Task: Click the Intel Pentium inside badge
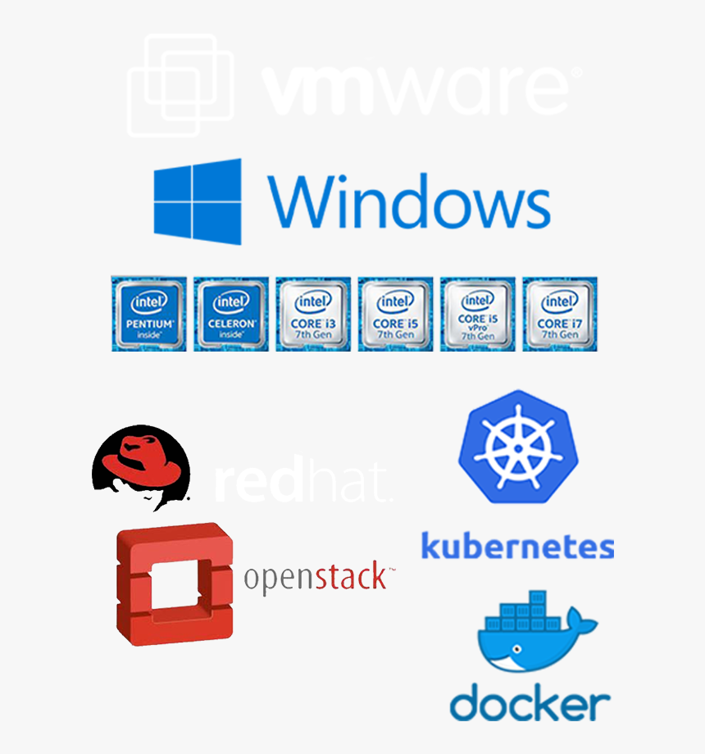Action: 149,314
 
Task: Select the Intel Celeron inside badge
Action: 231,314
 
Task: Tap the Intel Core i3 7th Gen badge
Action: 313,314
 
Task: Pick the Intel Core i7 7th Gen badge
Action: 560,314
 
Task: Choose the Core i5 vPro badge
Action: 478,314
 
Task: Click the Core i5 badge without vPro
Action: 395,314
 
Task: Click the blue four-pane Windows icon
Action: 198,202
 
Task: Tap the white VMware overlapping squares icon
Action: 180,84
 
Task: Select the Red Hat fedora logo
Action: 141,463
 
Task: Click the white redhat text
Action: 302,484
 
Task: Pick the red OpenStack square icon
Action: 175,584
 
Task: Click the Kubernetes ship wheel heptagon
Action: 517,447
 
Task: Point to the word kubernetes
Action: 517,546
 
